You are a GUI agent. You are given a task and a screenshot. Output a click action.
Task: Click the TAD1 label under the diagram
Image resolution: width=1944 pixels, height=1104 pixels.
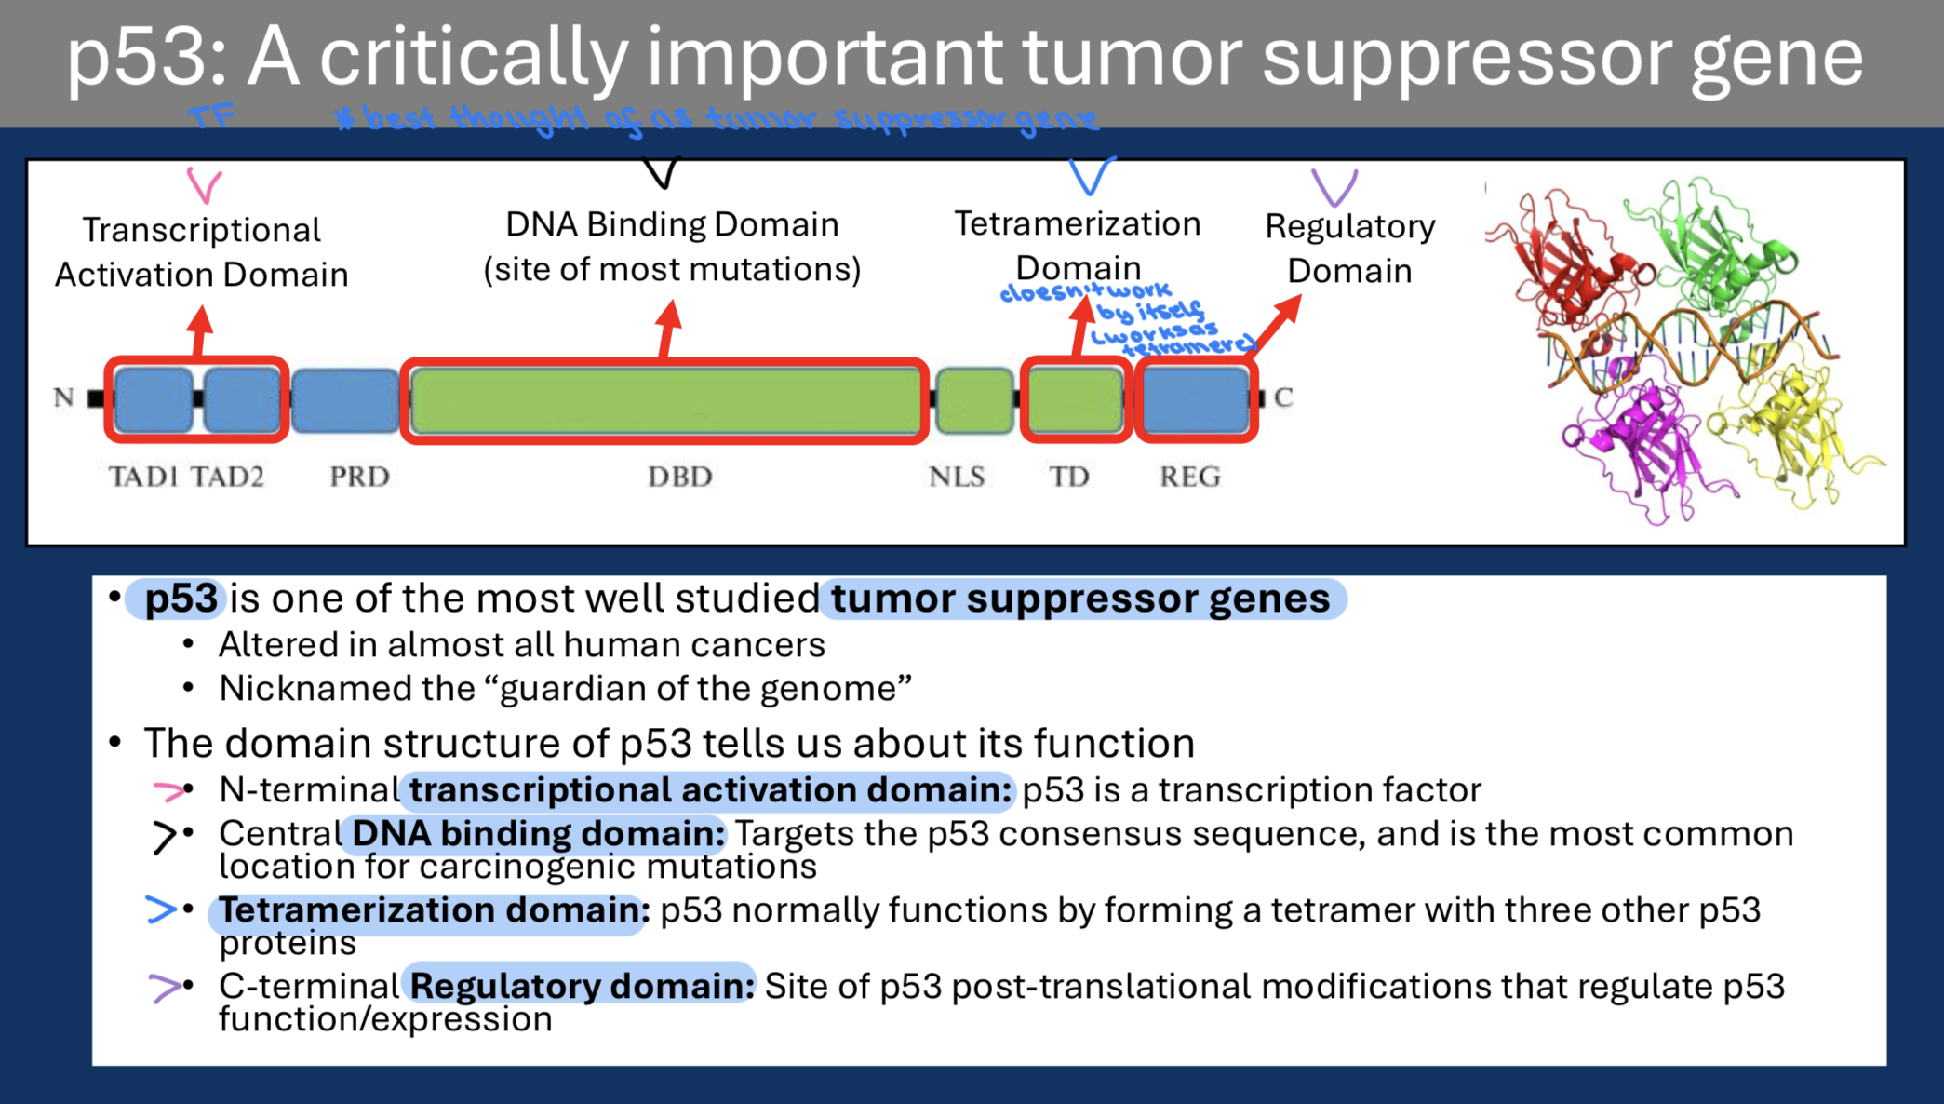pos(143,477)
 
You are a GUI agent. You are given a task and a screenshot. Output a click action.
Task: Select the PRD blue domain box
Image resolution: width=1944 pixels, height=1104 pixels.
pos(345,400)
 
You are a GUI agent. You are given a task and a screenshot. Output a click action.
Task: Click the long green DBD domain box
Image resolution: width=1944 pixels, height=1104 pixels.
pos(664,400)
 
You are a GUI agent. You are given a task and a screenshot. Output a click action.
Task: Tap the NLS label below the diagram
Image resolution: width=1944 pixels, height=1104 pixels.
pos(957,477)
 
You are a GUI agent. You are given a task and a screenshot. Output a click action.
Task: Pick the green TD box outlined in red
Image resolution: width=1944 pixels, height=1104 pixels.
pos(1076,400)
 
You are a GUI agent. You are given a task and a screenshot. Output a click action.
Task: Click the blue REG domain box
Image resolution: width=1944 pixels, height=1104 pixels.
pos(1196,400)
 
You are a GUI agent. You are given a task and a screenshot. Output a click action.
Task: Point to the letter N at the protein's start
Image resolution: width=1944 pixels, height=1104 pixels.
pos(63,397)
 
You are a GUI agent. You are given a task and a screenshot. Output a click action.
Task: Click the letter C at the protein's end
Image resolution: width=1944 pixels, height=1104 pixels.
pos(1283,397)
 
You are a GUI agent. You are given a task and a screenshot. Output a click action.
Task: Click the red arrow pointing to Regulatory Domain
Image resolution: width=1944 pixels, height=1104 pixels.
pos(1275,321)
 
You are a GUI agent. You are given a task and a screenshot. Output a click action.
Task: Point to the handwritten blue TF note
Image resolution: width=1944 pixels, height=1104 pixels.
pos(212,117)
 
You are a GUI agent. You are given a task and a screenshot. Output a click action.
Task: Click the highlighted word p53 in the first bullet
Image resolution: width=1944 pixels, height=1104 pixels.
pos(181,599)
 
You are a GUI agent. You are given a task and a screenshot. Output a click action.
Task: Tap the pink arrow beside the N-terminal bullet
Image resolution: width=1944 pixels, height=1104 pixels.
pos(168,791)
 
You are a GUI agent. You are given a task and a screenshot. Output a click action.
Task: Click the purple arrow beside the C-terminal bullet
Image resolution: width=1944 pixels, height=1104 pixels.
pos(164,987)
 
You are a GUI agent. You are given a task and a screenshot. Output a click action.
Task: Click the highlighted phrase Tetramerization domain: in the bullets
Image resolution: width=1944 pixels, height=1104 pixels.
pos(433,910)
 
